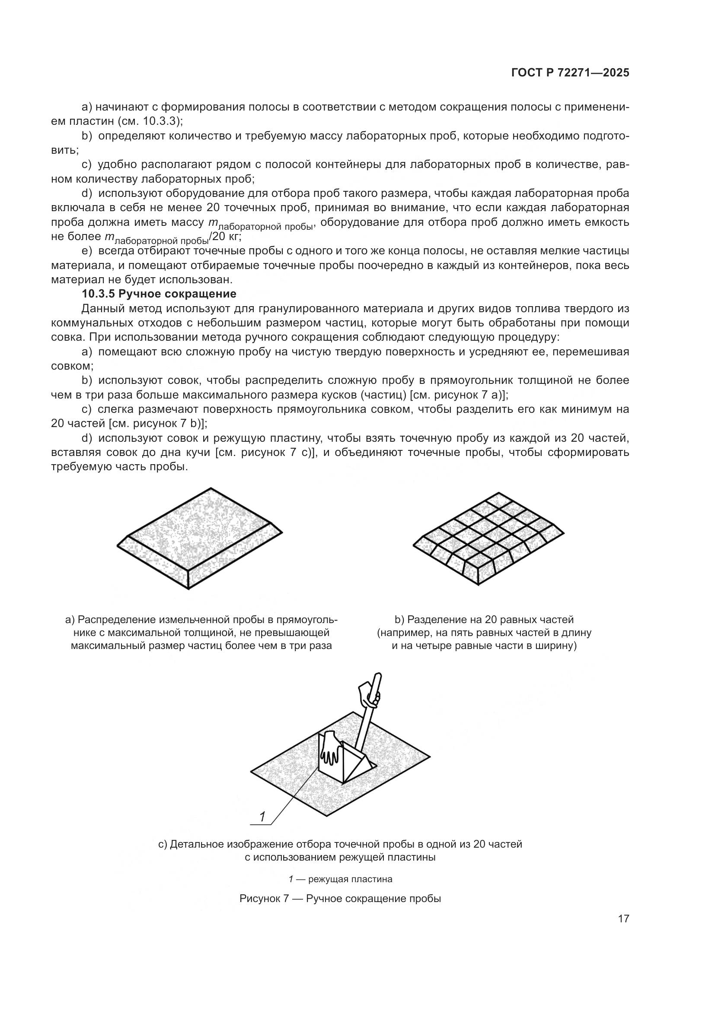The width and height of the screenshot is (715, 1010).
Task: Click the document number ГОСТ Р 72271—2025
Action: (x=570, y=73)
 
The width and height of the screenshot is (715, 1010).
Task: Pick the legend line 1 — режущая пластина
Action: (x=340, y=879)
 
